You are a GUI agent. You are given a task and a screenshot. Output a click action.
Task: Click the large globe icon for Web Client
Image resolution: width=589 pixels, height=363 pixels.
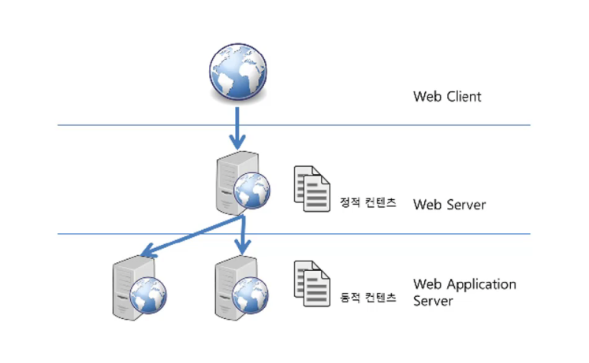click(x=238, y=72)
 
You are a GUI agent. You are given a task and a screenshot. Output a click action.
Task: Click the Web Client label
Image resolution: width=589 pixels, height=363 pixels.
click(x=447, y=97)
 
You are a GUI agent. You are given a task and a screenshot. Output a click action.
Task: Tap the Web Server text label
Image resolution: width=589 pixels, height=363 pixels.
click(x=449, y=205)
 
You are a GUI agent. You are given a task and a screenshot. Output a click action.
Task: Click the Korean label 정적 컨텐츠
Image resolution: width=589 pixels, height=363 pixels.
click(x=367, y=202)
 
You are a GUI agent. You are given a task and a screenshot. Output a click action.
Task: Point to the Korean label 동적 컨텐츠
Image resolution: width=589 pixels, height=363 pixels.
click(x=367, y=298)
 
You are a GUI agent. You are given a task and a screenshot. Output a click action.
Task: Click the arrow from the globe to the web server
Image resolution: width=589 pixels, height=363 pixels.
click(x=237, y=128)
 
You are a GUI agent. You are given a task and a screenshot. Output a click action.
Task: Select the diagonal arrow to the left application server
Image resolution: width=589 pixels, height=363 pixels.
click(x=192, y=236)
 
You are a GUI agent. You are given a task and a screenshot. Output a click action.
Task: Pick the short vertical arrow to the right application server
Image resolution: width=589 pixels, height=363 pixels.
click(x=243, y=235)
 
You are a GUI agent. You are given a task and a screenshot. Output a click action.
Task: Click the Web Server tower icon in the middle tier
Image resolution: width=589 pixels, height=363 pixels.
click(x=242, y=183)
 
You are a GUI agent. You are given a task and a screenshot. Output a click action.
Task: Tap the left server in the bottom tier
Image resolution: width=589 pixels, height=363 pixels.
click(x=139, y=288)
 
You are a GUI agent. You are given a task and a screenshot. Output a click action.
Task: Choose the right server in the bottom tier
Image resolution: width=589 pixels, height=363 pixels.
click(x=241, y=288)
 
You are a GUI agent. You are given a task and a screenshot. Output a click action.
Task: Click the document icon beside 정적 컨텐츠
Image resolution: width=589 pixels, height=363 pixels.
click(x=311, y=189)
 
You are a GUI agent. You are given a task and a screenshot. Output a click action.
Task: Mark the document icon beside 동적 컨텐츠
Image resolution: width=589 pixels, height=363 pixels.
click(x=311, y=284)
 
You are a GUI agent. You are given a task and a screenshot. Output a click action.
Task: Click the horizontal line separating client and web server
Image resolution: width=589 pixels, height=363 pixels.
click(x=294, y=125)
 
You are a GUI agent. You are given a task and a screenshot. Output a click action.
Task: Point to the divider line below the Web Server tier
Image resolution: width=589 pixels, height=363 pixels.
click(x=294, y=234)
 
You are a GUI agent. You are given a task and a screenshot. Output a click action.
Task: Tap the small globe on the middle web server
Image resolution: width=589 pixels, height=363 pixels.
click(x=252, y=191)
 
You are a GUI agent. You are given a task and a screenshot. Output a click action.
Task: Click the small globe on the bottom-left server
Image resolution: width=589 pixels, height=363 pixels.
click(x=148, y=295)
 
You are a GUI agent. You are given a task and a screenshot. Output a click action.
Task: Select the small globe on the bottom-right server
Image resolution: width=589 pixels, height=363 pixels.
click(x=250, y=295)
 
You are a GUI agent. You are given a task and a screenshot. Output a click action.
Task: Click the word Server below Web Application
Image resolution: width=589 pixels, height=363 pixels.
click(x=433, y=301)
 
